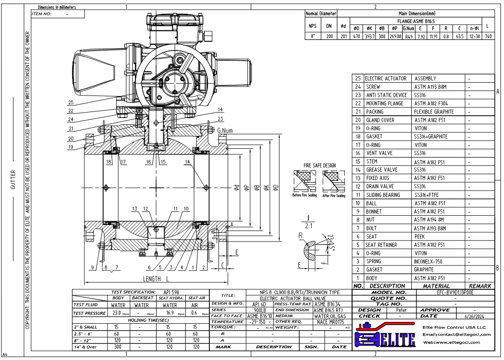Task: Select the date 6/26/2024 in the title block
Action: click(x=475, y=316)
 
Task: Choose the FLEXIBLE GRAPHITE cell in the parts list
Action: click(x=433, y=112)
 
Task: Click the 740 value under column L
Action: click(x=488, y=36)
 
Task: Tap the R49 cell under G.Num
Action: click(x=409, y=36)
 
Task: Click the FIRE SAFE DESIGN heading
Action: click(x=319, y=165)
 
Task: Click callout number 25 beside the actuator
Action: click(x=70, y=102)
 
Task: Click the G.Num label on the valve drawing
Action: click(x=225, y=130)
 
